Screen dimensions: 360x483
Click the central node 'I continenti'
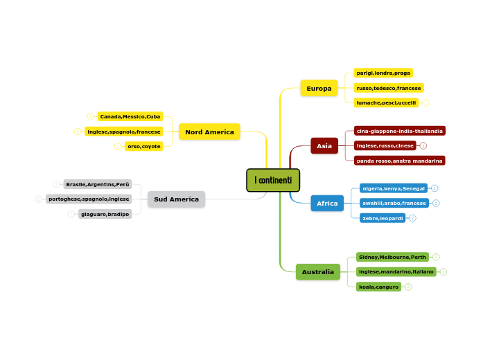[x=273, y=180]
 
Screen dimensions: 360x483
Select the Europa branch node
[x=319, y=88]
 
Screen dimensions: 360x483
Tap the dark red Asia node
[x=324, y=146]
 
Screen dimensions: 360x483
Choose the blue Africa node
[x=327, y=204]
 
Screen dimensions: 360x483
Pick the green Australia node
[x=318, y=272]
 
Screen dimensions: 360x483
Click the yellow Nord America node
[x=209, y=132]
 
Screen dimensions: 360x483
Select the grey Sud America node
[x=176, y=199]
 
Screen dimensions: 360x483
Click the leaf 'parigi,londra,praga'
[x=383, y=73]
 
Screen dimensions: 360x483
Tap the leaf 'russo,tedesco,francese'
[x=389, y=88]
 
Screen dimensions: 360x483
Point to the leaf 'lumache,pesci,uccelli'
[x=386, y=102]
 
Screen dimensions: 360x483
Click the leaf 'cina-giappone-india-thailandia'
[x=399, y=131]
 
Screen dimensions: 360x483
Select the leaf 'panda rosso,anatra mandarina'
[x=399, y=161]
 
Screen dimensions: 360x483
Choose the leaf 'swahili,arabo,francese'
[x=394, y=203]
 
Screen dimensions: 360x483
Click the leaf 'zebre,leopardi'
[x=383, y=218]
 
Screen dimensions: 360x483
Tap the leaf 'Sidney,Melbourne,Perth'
[x=392, y=257]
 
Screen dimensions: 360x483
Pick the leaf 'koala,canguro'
[x=379, y=287]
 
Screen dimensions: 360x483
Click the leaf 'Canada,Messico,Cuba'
[x=130, y=116]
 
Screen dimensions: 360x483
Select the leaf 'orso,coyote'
[x=144, y=146]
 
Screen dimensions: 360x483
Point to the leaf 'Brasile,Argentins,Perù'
[x=98, y=184]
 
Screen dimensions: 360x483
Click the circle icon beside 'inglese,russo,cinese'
[x=423, y=146]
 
